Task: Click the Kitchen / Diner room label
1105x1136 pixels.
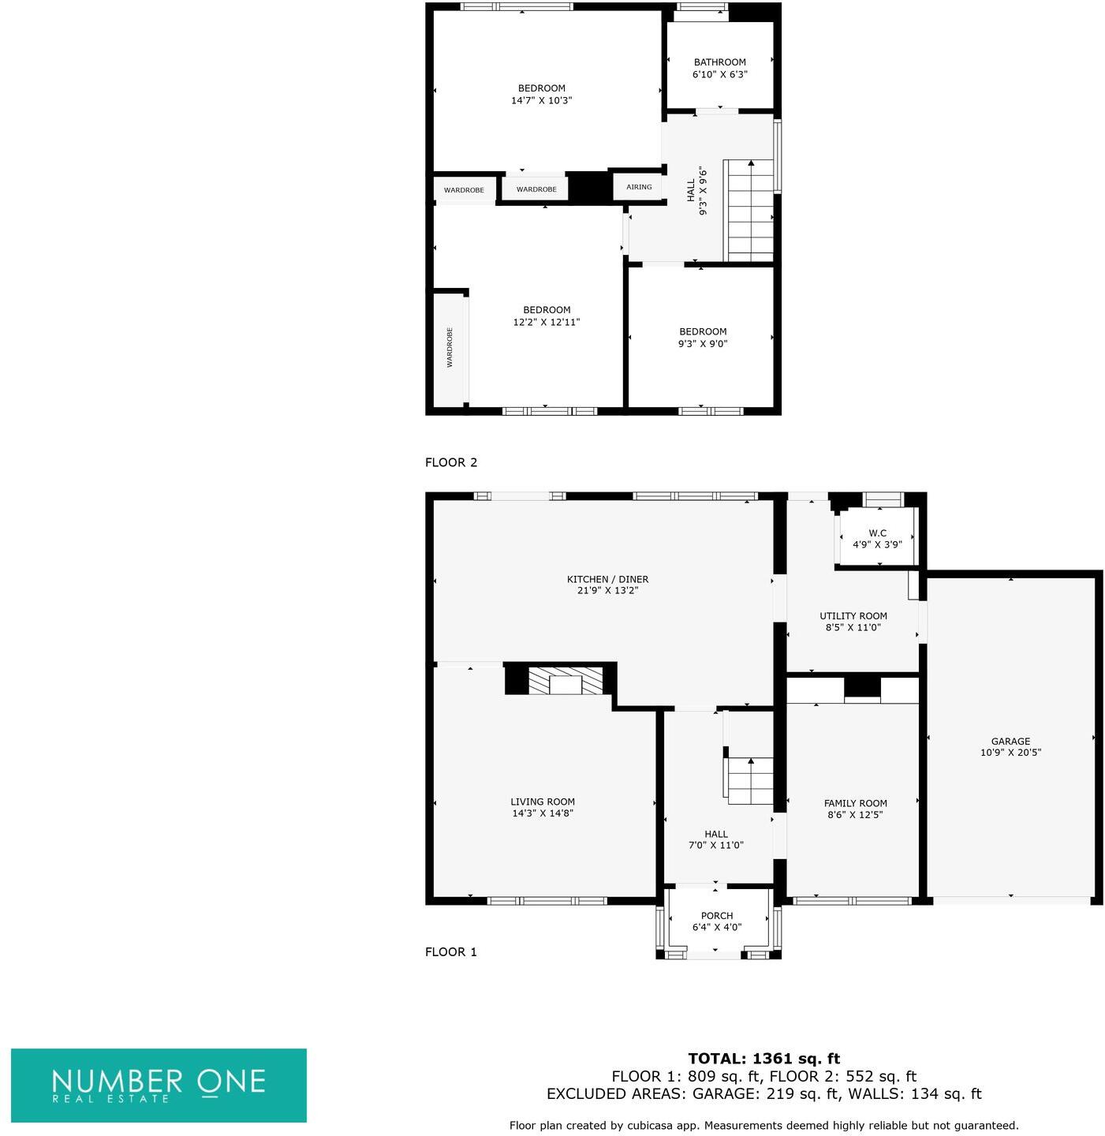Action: tap(607, 579)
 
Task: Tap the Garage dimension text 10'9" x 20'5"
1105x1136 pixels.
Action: tap(1010, 753)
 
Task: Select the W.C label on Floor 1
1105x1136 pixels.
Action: tap(877, 533)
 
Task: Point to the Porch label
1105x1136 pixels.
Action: tap(717, 916)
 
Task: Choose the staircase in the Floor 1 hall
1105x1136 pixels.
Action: tap(749, 780)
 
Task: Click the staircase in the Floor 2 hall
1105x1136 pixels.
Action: tap(750, 210)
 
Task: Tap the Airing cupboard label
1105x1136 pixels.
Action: tap(639, 187)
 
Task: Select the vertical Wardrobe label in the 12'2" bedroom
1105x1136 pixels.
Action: tap(450, 347)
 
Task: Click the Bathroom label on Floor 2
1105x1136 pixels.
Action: tap(719, 62)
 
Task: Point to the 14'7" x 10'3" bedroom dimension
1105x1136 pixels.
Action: tap(541, 100)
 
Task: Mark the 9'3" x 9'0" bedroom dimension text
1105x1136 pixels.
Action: tap(703, 344)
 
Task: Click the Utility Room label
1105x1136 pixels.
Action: tap(853, 616)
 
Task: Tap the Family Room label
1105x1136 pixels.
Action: tap(856, 803)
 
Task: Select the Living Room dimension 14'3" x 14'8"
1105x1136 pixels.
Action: tap(543, 813)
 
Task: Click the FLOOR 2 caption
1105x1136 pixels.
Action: tap(451, 462)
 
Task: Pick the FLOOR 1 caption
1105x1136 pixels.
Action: tap(451, 951)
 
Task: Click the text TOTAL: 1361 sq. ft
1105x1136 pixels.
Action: tap(763, 1059)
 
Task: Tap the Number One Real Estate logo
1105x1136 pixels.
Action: tap(159, 1085)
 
